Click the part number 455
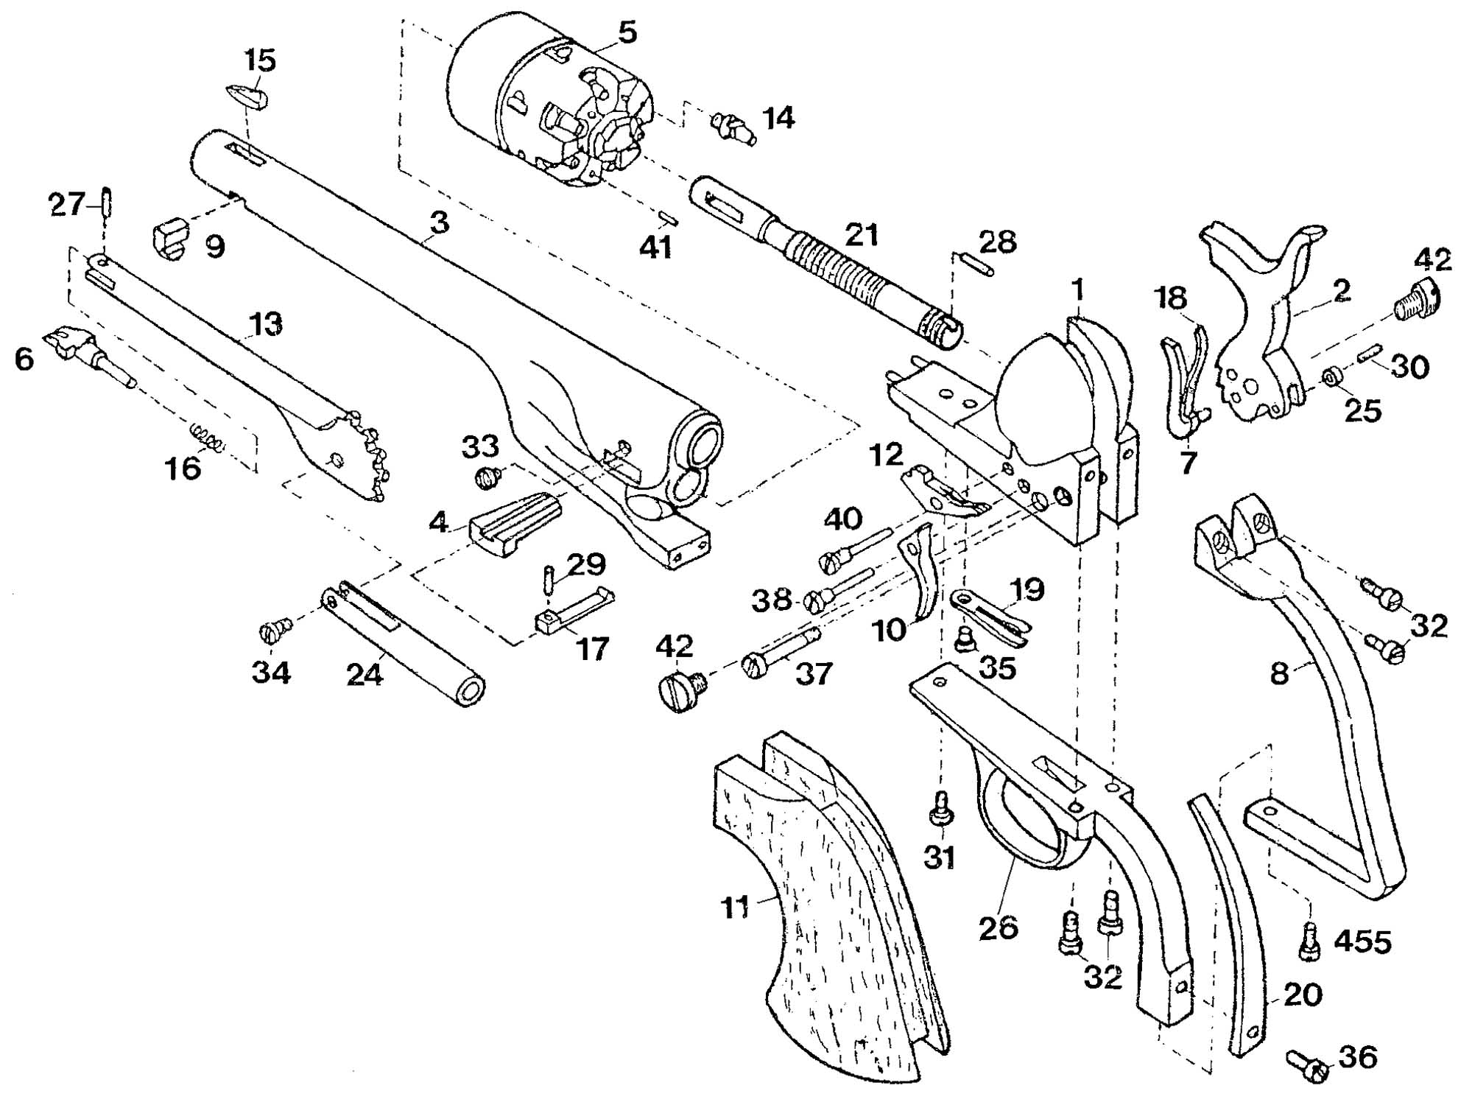(1362, 941)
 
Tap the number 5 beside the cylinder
(627, 32)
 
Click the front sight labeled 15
(246, 97)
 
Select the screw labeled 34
(276, 630)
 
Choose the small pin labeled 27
(106, 201)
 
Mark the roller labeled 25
(1330, 378)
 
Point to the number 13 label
(266, 324)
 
